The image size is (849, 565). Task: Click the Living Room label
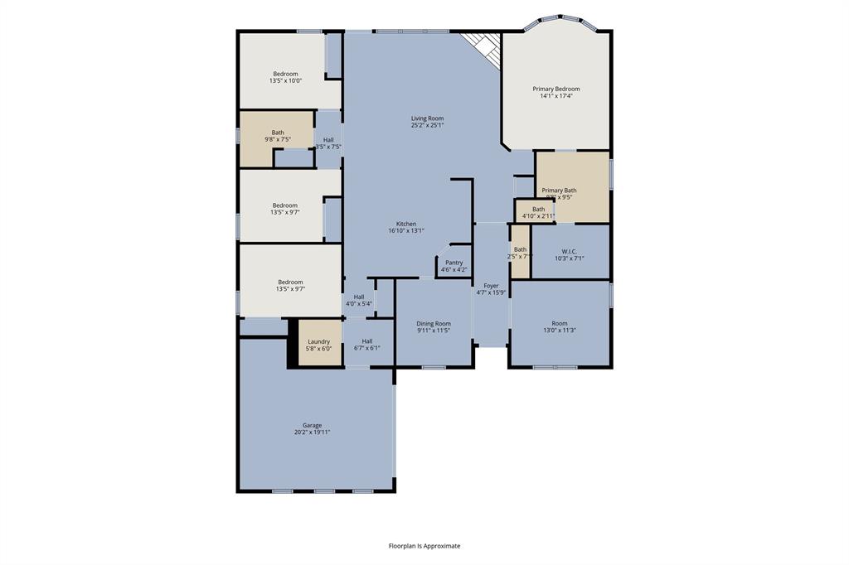pyautogui.click(x=427, y=118)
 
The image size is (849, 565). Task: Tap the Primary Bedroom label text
pyautogui.click(x=555, y=89)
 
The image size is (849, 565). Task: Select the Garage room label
pyautogui.click(x=312, y=425)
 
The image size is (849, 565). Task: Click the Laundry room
pyautogui.click(x=319, y=345)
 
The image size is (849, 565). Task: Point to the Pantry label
pyautogui.click(x=454, y=263)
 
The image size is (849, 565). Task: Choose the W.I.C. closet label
pyautogui.click(x=569, y=251)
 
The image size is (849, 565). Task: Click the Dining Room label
pyautogui.click(x=434, y=324)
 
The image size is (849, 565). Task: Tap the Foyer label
pyautogui.click(x=491, y=285)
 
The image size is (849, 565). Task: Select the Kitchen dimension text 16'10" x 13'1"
pyautogui.click(x=406, y=231)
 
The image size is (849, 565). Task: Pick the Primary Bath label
pyautogui.click(x=560, y=191)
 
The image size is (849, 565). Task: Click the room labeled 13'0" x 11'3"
pyautogui.click(x=560, y=326)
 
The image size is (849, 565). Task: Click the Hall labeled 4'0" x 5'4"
pyautogui.click(x=358, y=300)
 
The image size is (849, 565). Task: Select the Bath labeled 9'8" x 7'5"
pyautogui.click(x=277, y=136)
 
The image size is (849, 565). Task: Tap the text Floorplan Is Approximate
pyautogui.click(x=424, y=546)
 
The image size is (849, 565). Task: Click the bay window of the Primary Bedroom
pyautogui.click(x=559, y=19)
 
